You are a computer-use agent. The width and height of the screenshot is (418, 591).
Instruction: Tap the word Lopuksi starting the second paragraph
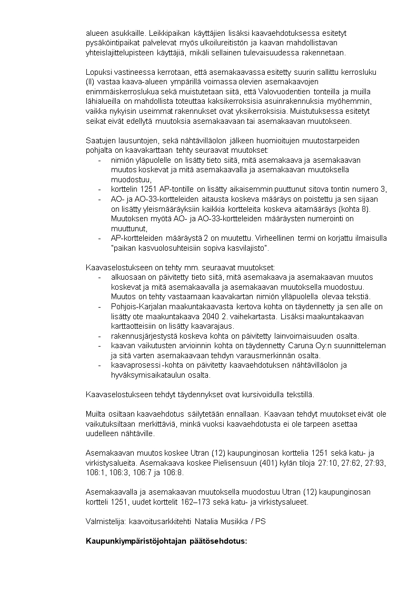point(97,72)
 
